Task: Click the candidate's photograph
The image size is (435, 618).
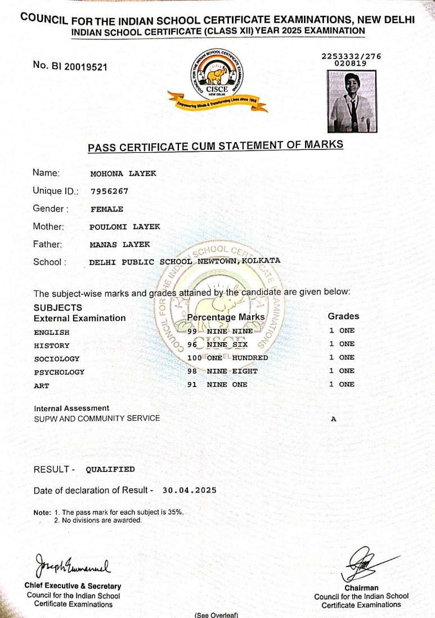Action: click(x=352, y=101)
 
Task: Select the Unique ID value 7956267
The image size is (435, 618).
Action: click(x=109, y=191)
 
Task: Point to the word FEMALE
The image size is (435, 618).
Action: click(x=107, y=209)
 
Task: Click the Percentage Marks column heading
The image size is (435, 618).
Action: click(x=226, y=317)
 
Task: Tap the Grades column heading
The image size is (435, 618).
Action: click(x=343, y=316)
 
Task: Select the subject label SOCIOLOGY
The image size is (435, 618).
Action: click(x=57, y=358)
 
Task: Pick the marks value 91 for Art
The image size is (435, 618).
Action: click(x=192, y=384)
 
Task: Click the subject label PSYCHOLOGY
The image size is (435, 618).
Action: click(x=59, y=372)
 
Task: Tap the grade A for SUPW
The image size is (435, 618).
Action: click(x=333, y=419)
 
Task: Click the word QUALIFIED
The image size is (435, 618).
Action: click(x=110, y=469)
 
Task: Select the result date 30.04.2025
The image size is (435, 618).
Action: click(x=189, y=490)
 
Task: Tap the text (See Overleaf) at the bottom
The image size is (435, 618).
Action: click(x=217, y=615)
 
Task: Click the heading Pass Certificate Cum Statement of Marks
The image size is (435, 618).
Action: click(x=215, y=147)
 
